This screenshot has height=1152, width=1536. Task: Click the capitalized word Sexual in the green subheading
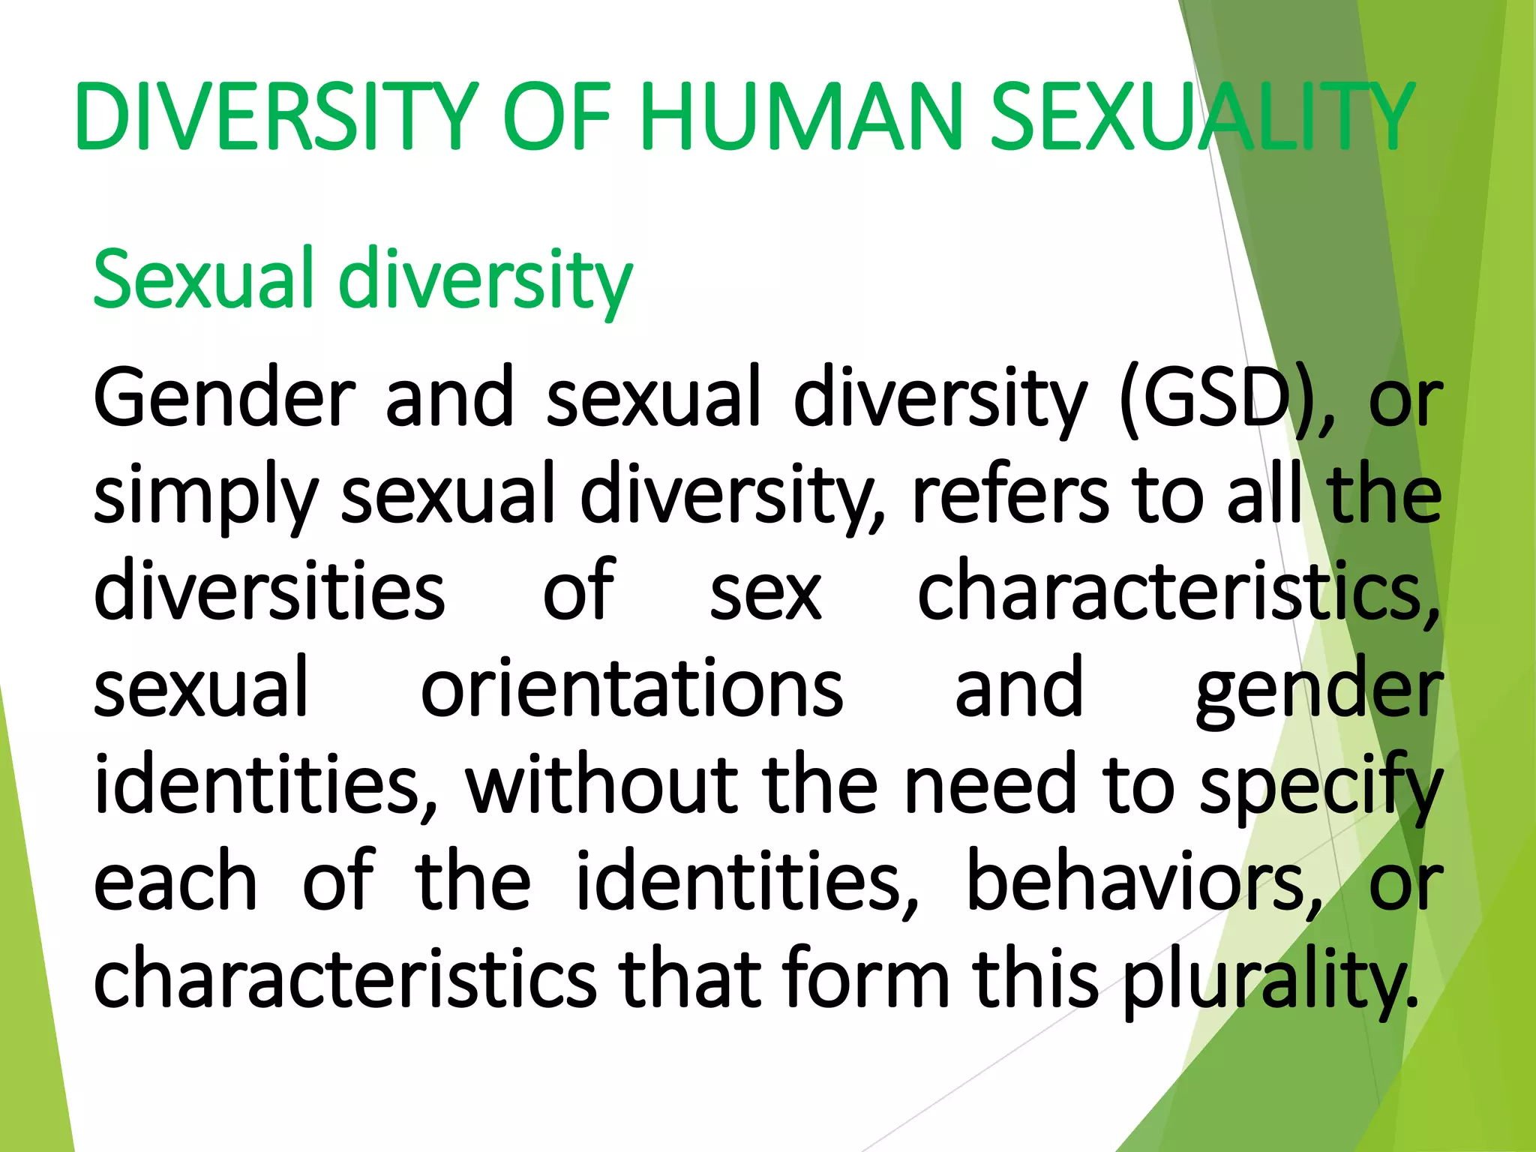(203, 279)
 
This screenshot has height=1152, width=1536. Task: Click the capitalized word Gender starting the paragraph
(224, 397)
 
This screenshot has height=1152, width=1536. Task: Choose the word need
(991, 784)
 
